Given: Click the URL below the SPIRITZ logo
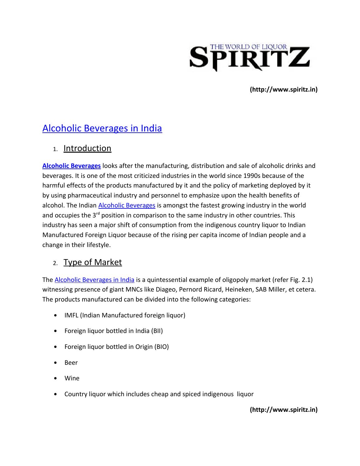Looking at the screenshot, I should [284, 90].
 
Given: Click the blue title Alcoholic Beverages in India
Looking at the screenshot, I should [102, 128].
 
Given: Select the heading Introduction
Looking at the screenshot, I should [87, 148].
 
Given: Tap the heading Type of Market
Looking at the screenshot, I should [92, 262].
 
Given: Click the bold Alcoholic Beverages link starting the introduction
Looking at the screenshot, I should [71, 166].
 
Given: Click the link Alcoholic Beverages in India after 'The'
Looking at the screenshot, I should [94, 280].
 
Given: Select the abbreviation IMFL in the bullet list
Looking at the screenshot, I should [71, 315].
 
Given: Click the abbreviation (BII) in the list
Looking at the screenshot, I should [157, 331].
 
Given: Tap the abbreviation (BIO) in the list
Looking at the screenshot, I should [161, 347].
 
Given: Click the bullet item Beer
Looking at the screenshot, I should [71, 363].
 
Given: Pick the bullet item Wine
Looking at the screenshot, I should [72, 378].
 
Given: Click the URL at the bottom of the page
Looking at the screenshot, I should [284, 410].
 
